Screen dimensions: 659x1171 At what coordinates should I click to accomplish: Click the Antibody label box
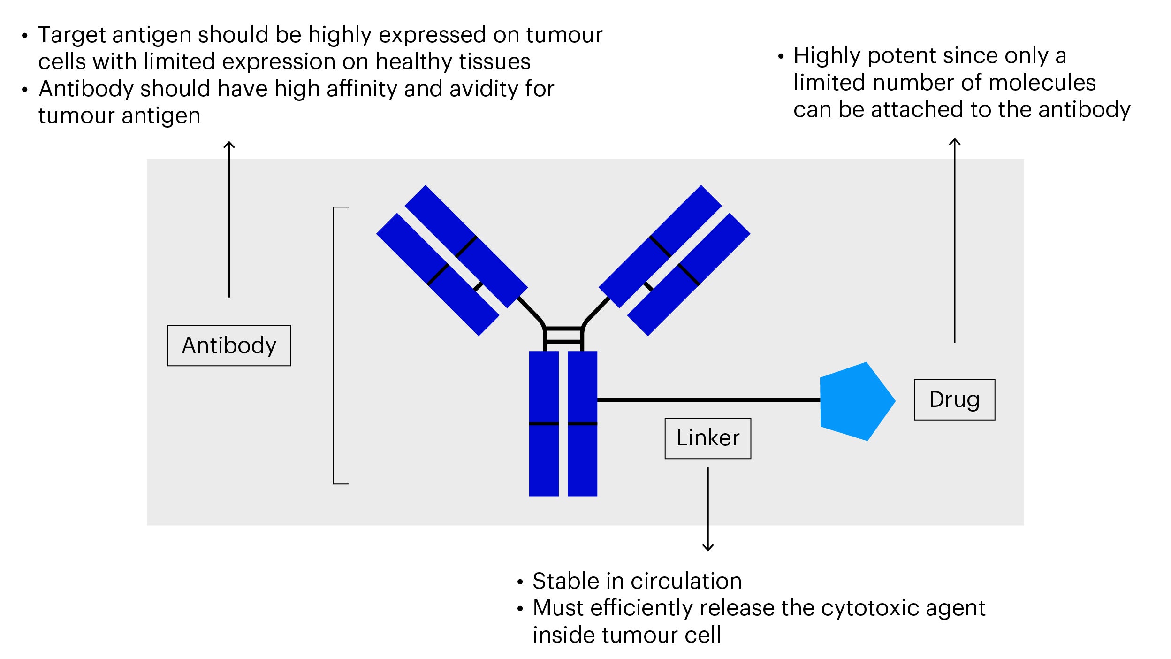click(x=229, y=345)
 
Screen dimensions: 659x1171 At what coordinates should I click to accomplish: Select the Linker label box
click(x=707, y=438)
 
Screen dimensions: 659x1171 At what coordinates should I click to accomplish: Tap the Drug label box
click(x=954, y=400)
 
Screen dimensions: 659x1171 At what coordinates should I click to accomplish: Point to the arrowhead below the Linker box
click(x=708, y=547)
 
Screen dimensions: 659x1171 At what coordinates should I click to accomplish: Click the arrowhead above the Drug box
click(x=955, y=141)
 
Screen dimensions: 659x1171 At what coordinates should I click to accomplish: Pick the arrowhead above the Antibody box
click(x=229, y=145)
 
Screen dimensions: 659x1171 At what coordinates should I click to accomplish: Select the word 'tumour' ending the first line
click(x=564, y=35)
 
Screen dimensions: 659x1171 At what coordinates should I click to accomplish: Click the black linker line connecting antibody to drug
click(x=708, y=400)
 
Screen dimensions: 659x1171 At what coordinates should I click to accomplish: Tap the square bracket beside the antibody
click(x=334, y=345)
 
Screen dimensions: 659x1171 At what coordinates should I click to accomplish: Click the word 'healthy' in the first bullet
click(x=406, y=62)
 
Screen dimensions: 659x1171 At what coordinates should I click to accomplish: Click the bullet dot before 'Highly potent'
click(x=781, y=57)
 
